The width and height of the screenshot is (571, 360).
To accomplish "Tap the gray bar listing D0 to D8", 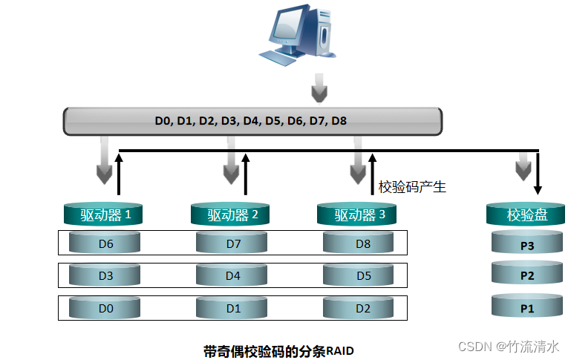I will click(252, 121).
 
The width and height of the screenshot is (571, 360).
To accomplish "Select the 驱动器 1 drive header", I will click(106, 215).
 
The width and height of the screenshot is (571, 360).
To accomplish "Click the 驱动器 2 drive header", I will click(232, 215).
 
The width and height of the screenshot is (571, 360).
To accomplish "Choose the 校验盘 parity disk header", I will click(527, 215).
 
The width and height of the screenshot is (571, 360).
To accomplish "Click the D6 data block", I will click(106, 243).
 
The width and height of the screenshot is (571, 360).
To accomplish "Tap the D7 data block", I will click(232, 243).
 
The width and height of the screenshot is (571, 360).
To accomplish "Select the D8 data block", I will click(359, 243).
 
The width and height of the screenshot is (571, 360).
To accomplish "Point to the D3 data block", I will click(106, 276).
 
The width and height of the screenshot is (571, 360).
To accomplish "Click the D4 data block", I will click(232, 276).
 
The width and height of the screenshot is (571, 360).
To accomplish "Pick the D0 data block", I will click(106, 308).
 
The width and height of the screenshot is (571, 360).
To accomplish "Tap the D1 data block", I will click(232, 308).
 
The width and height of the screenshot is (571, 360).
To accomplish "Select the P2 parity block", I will click(527, 276).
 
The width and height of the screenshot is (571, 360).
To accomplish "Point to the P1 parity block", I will click(527, 307).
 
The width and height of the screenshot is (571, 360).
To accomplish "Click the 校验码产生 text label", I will click(412, 187).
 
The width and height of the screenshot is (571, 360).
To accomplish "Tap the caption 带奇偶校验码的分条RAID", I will click(278, 350).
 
